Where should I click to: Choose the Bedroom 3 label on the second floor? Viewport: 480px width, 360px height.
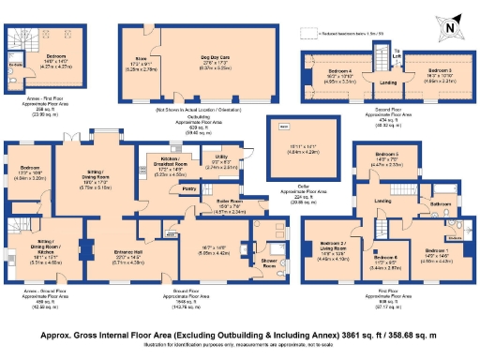click(x=440, y=70)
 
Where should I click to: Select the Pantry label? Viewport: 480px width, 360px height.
click(x=188, y=188)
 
